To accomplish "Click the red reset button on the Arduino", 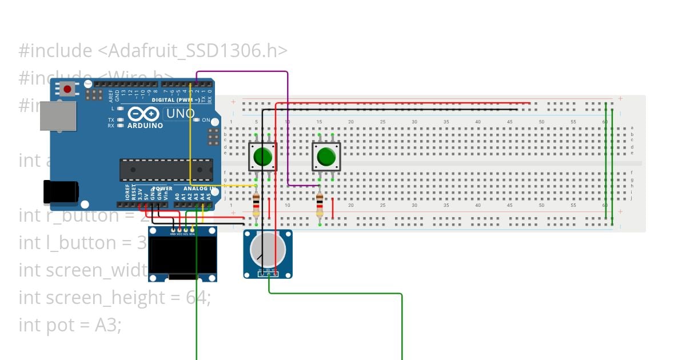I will pos(68,89).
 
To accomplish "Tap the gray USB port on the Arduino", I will pos(57,116).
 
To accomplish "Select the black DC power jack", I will pos(61,191).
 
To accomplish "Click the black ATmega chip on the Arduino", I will pos(166,170).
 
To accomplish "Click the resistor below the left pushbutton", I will pos(256,205).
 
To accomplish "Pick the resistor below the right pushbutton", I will pos(320,205).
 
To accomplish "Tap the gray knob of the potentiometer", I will pos(268,250).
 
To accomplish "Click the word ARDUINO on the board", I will pos(145,125).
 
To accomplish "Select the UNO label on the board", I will pos(180,114).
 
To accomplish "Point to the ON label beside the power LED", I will pos(206,120).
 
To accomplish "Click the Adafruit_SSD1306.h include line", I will pos(153,51).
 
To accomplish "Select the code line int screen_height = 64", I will pos(114,298).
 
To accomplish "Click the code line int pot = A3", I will pos(70,325).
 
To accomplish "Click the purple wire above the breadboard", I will pos(243,72).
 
